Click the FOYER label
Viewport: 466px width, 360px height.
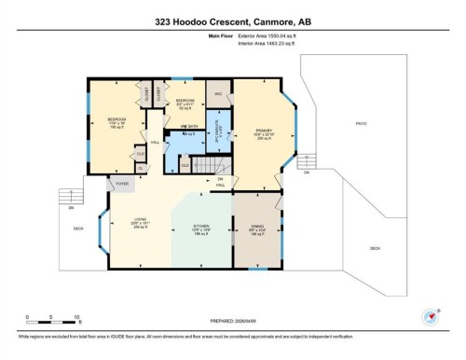(x=121, y=185)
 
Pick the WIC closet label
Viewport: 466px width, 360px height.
(x=218, y=94)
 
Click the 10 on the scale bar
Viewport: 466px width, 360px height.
(x=77, y=318)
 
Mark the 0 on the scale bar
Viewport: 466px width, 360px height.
(x=28, y=318)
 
